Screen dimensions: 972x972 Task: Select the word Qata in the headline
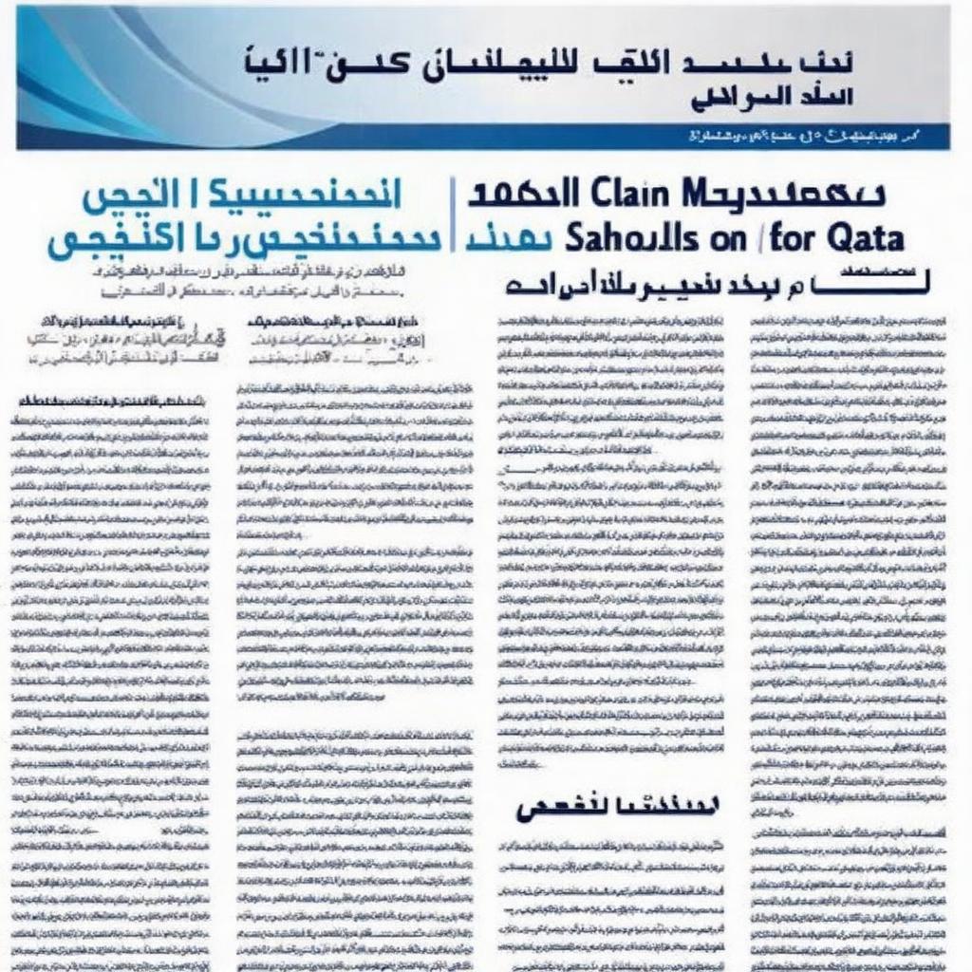click(865, 237)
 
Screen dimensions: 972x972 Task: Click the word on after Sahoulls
click(728, 239)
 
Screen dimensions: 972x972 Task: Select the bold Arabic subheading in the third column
click(618, 808)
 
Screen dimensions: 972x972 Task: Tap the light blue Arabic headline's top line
click(241, 195)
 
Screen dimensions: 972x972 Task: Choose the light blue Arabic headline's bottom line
click(241, 239)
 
